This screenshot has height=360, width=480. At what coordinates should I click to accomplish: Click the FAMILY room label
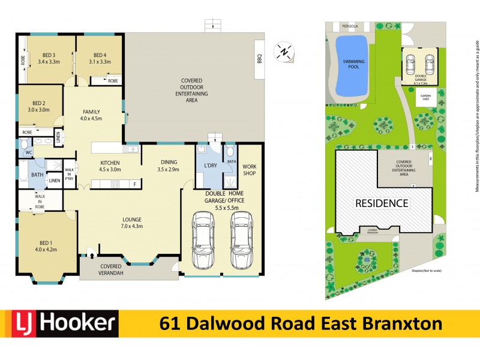tap(91, 115)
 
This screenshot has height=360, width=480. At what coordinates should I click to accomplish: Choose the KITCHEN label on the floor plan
tap(110, 166)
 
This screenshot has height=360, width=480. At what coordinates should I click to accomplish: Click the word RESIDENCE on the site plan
tap(382, 203)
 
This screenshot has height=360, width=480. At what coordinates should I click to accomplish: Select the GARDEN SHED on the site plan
tap(426, 97)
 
